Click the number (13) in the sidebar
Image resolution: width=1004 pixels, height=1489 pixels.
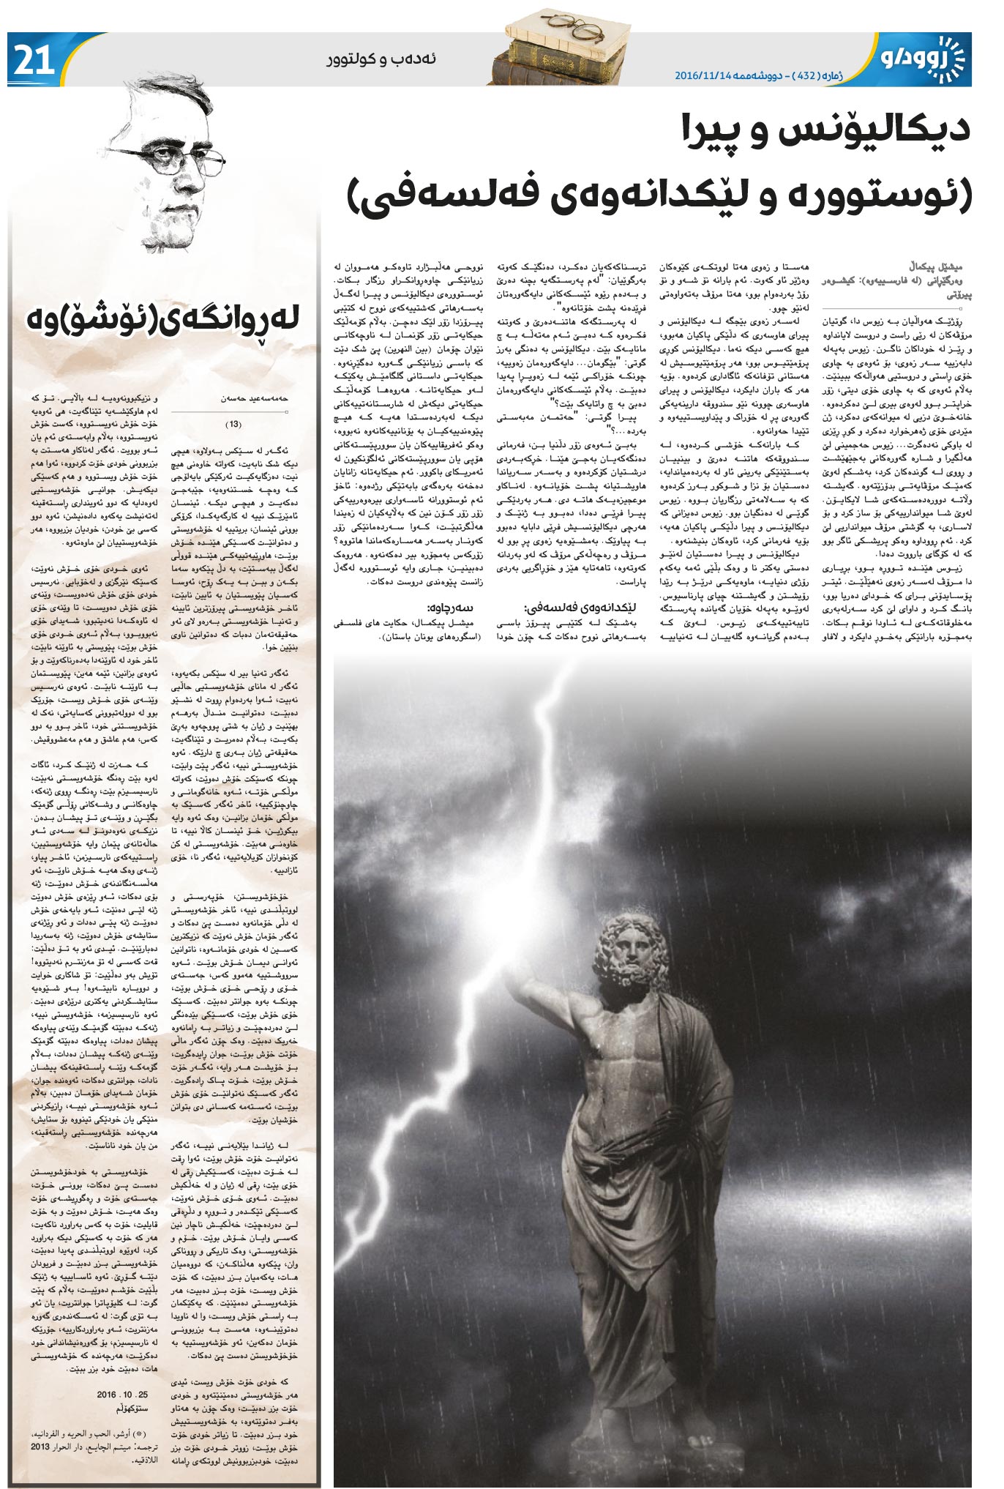(x=232, y=424)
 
